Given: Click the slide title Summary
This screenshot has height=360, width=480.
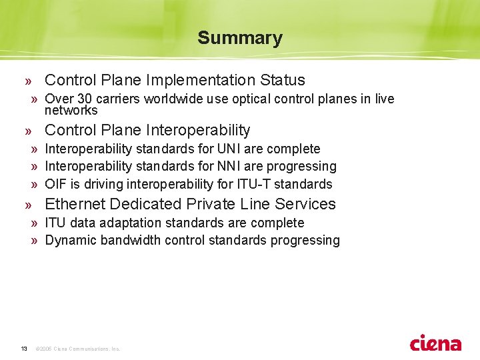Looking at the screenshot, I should click(x=239, y=38).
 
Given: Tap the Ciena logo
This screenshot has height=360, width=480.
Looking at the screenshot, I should click(x=435, y=343).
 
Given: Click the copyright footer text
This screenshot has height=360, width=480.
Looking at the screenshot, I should click(x=77, y=349).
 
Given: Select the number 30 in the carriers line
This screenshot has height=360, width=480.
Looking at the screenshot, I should click(x=80, y=99).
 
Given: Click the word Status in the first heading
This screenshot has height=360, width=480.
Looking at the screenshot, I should click(x=283, y=80).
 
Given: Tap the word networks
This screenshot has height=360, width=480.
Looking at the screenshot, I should click(x=71, y=111).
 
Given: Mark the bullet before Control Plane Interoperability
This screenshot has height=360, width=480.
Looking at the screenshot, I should click(x=28, y=131).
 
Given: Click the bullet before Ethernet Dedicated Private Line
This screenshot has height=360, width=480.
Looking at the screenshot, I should click(x=28, y=205).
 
